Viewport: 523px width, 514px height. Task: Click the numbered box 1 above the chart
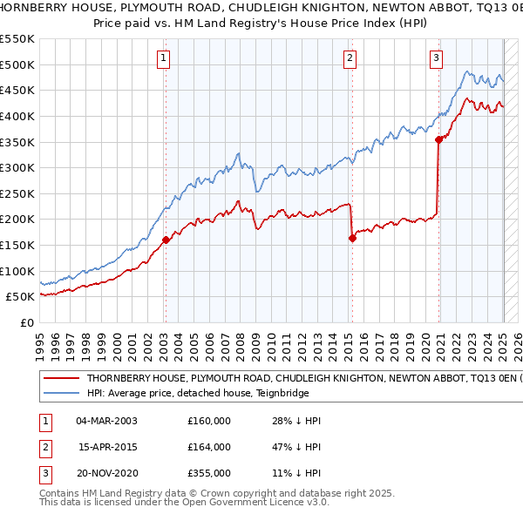[x=164, y=58]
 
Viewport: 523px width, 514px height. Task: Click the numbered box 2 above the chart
[x=350, y=58]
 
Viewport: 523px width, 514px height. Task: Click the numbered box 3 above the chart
[x=436, y=58]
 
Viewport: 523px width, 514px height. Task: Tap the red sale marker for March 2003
[x=166, y=240]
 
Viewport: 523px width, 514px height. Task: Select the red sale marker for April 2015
[x=353, y=238]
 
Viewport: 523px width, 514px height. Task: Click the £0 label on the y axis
[x=26, y=322]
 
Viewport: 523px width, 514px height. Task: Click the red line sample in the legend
[x=61, y=379]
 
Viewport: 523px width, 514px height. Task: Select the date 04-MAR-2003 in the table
[x=106, y=421]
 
